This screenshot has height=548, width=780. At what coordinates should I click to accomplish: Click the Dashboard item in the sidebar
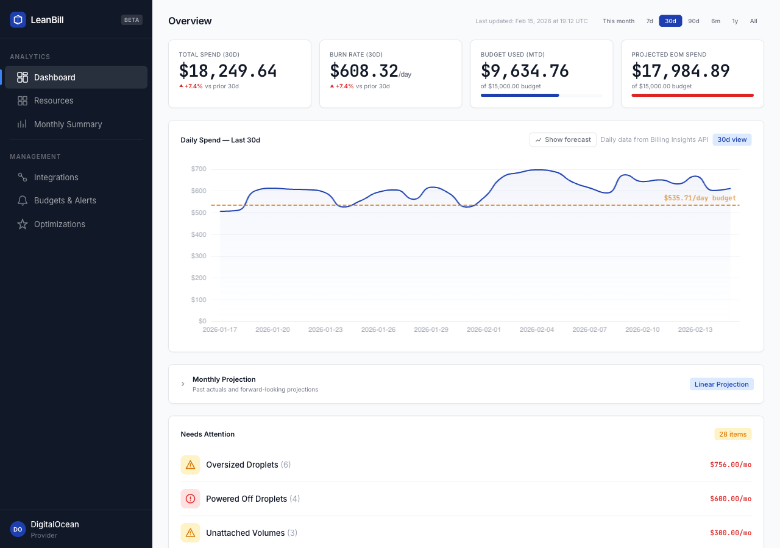[55, 77]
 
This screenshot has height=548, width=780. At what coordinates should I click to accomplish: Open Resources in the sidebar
[54, 100]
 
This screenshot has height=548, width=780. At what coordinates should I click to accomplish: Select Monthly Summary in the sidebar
[68, 124]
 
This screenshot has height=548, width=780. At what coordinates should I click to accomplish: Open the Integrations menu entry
[56, 177]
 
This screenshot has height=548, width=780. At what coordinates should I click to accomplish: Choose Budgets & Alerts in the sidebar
[65, 200]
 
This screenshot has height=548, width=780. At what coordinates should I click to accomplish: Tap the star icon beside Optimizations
[23, 224]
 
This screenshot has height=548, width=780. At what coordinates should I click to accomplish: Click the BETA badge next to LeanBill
[132, 19]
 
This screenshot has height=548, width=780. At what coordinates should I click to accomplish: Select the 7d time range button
[650, 21]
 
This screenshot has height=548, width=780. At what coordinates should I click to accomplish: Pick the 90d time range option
[693, 21]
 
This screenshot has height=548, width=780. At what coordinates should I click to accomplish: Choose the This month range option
[619, 21]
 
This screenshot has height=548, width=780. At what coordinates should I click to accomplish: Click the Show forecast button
[563, 139]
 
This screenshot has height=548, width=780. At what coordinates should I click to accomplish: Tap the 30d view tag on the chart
[732, 139]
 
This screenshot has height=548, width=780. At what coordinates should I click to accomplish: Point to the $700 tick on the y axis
[199, 169]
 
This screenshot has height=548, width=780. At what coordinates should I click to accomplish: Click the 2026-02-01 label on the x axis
[484, 329]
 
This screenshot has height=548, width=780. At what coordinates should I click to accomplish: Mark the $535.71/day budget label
[700, 198]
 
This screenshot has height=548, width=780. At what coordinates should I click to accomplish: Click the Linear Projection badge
[721, 384]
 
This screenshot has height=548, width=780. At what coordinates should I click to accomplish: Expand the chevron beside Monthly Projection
[183, 384]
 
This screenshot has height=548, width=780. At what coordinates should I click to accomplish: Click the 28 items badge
[732, 434]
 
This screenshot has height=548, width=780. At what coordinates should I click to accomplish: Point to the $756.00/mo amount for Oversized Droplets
[730, 465]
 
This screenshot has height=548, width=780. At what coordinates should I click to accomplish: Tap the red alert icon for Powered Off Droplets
[190, 499]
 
